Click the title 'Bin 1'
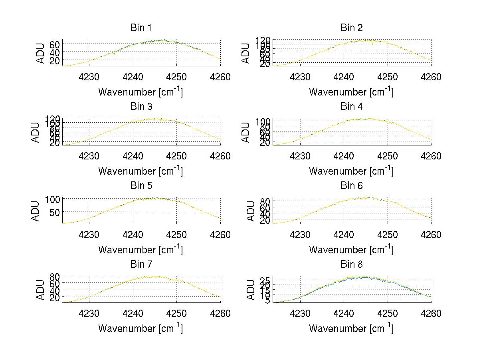pyautogui.click(x=141, y=28)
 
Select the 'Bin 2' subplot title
pyautogui.click(x=352, y=28)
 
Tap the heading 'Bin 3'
pyautogui.click(x=141, y=107)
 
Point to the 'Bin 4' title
pyautogui.click(x=352, y=107)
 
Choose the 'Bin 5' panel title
pyautogui.click(x=141, y=186)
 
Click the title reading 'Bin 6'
pyautogui.click(x=352, y=186)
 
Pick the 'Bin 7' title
pyautogui.click(x=141, y=265)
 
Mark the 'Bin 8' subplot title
pyautogui.click(x=352, y=265)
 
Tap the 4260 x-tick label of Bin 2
pyautogui.click(x=431, y=77)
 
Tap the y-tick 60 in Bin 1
pyautogui.click(x=55, y=44)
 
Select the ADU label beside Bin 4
pyautogui.click(x=246, y=132)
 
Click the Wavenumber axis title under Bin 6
pyautogui.click(x=351, y=250)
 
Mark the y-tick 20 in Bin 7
pyautogui.click(x=55, y=298)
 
